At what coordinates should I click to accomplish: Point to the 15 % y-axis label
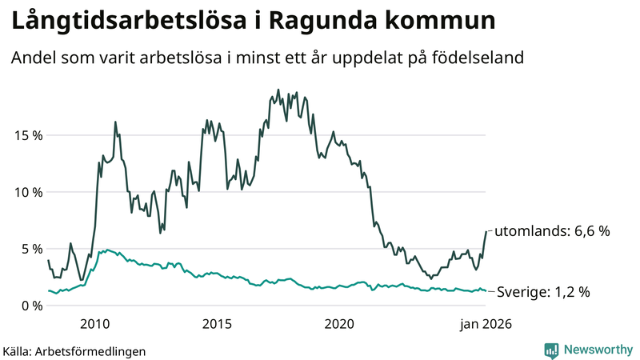click(x=26, y=135)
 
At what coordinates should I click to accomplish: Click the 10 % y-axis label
click(x=26, y=192)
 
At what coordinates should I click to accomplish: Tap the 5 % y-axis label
click(x=30, y=249)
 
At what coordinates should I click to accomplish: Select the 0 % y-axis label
click(x=30, y=306)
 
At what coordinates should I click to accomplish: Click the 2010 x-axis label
click(x=95, y=324)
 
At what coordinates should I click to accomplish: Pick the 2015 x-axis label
click(x=217, y=324)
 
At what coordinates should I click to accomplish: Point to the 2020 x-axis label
click(x=339, y=324)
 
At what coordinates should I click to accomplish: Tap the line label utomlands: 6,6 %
click(x=552, y=231)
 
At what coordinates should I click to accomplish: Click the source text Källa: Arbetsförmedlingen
click(x=74, y=350)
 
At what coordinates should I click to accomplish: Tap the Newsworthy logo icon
click(x=551, y=350)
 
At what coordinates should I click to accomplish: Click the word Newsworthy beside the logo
click(x=598, y=350)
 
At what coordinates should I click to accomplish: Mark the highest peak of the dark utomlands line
click(x=278, y=90)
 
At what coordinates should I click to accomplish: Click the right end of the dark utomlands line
click(x=486, y=231)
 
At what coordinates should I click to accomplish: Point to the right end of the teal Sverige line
click(x=486, y=291)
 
